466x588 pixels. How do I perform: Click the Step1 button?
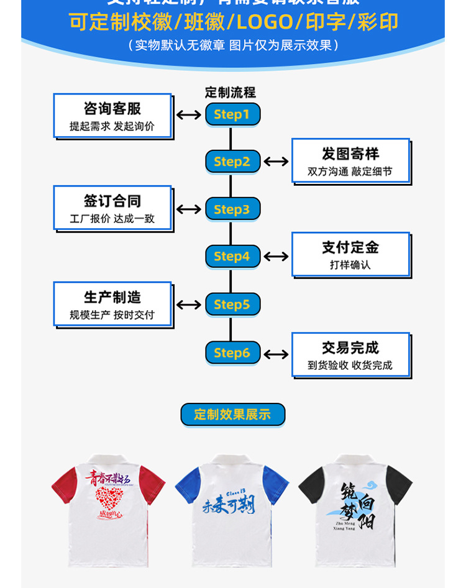(x=232, y=114)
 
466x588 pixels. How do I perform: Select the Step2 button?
(x=232, y=162)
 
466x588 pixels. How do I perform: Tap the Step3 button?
(x=232, y=209)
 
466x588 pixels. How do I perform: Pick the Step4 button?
(x=232, y=256)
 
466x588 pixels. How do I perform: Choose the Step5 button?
(x=232, y=305)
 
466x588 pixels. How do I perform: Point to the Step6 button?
(x=232, y=353)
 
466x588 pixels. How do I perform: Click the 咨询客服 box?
(x=112, y=116)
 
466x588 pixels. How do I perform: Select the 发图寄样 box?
(x=350, y=161)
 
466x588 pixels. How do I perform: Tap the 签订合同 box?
(x=112, y=208)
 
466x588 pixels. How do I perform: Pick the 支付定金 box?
(x=350, y=254)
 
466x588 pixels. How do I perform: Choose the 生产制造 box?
(x=112, y=305)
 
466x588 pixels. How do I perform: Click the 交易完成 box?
(x=350, y=355)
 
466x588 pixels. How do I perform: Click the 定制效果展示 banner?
(x=232, y=415)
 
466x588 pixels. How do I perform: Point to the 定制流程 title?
(x=231, y=93)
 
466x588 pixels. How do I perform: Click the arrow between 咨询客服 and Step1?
(x=188, y=114)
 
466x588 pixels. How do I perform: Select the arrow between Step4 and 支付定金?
(x=276, y=256)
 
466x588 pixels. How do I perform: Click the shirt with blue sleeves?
(x=232, y=510)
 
